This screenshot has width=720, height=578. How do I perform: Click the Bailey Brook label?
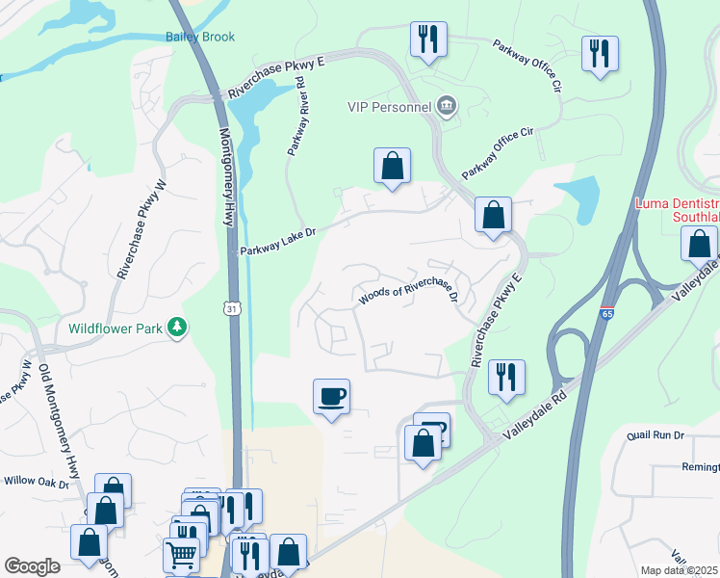click(198, 37)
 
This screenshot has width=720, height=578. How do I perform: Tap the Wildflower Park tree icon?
click(176, 328)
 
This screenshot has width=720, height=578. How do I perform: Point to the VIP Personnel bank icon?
click(446, 105)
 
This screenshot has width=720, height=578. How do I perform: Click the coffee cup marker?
click(331, 397)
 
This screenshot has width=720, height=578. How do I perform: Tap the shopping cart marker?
click(181, 555)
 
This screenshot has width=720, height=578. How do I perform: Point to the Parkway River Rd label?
click(296, 118)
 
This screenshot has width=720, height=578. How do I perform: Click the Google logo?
click(32, 566)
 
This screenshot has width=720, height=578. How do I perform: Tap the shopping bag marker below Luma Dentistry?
click(699, 243)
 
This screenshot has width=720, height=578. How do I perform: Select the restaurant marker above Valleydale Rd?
click(505, 378)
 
